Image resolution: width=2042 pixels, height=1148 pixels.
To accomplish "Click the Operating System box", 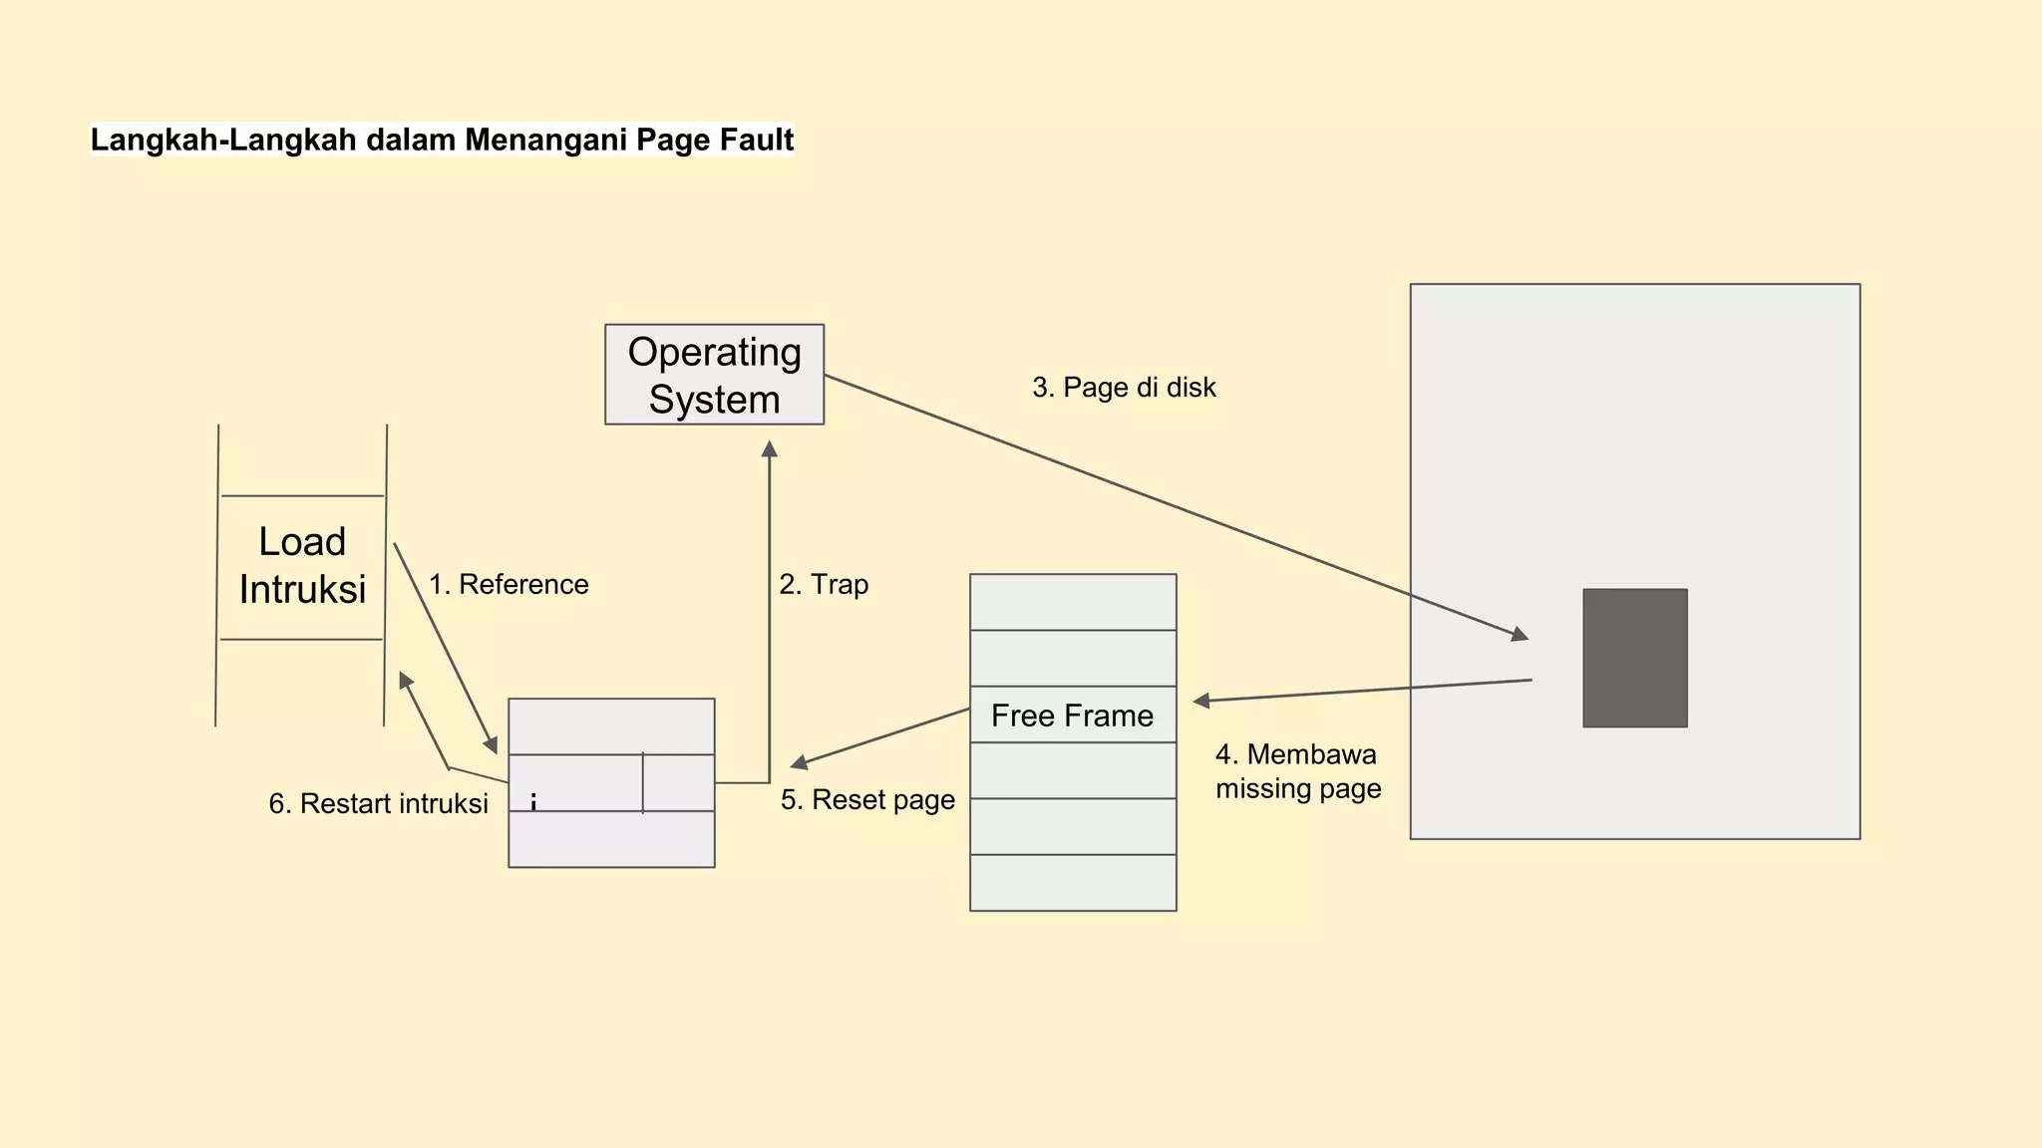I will [714, 375].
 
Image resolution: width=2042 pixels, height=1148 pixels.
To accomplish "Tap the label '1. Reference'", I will [509, 584].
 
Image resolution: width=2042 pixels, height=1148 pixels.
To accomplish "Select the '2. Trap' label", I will [824, 584].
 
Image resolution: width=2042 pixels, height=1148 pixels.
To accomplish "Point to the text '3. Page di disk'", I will [1124, 388].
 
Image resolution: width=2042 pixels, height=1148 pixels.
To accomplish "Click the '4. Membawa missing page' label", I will [1297, 771].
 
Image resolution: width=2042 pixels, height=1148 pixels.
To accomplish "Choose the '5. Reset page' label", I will [867, 799].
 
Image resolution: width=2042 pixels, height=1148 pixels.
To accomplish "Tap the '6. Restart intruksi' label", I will [378, 803].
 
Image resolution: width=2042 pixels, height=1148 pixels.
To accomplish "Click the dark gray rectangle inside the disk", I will [1634, 658].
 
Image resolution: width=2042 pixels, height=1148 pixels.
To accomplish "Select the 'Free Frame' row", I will [1073, 715].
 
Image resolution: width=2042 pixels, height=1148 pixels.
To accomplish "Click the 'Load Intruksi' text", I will [302, 566].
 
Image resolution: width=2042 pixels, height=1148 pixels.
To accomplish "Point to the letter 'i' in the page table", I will [533, 802].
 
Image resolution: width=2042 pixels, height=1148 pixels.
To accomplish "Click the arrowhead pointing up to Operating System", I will [769, 449].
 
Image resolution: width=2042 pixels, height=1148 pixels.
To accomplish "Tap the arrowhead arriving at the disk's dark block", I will [1520, 634].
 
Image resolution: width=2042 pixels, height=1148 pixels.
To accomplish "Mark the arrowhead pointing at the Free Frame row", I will [1201, 702].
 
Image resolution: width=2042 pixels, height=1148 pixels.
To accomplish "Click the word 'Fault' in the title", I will [758, 140].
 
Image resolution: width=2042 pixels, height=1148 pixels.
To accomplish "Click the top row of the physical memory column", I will [1073, 602].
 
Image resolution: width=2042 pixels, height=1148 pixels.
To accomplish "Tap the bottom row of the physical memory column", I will [1073, 883].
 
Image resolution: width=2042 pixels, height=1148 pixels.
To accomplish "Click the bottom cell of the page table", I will [611, 839].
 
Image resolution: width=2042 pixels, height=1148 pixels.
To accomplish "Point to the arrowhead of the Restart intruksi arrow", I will [405, 680].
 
